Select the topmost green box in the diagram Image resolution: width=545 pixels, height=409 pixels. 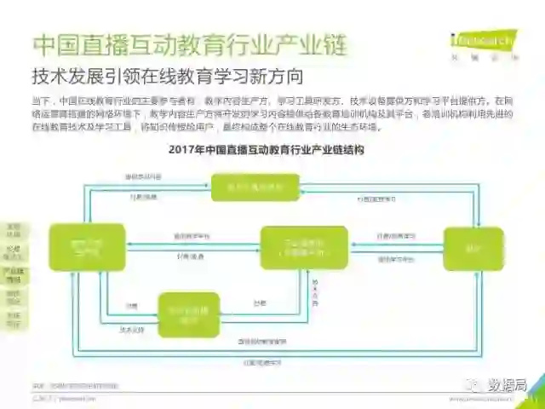click(x=255, y=187)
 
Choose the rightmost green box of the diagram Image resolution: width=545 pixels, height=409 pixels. click(x=473, y=248)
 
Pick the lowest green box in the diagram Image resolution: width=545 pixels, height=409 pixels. click(x=189, y=314)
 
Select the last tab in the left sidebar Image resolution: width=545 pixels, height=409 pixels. click(x=14, y=320)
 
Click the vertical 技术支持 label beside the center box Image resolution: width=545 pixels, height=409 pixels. click(x=314, y=290)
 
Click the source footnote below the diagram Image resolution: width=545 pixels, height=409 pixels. click(x=76, y=386)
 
